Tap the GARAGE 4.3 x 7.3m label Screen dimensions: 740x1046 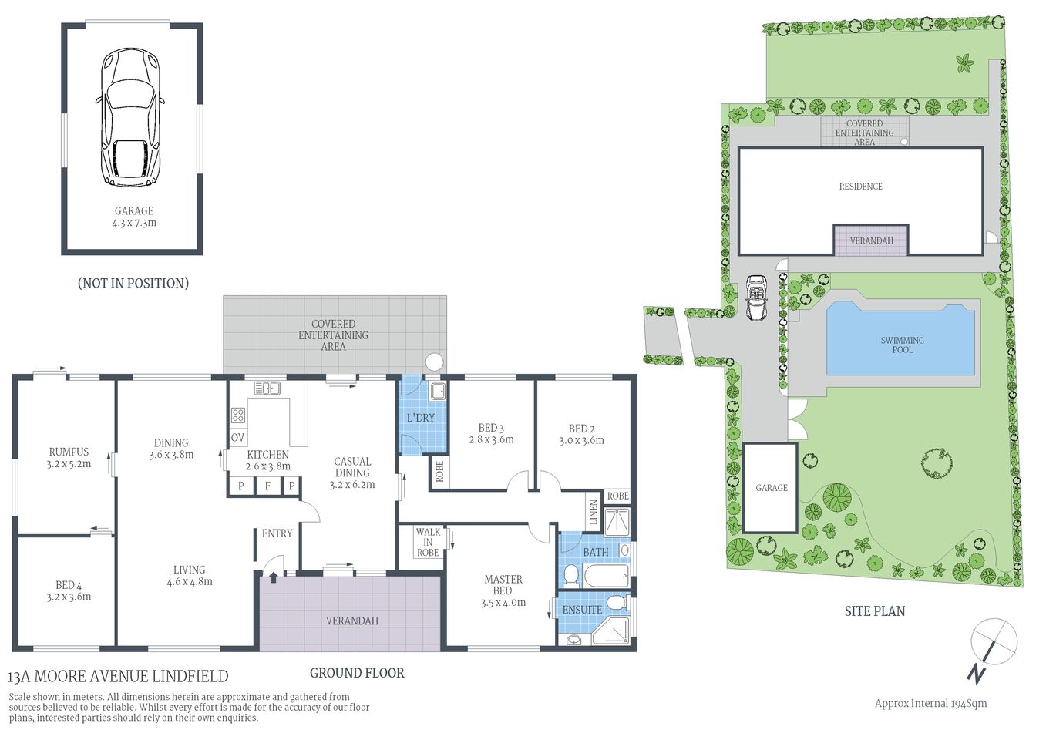coord(134,217)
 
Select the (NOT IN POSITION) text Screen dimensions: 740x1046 coord(133,283)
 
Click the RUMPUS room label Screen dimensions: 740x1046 coord(69,458)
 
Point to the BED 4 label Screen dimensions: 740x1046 coord(69,591)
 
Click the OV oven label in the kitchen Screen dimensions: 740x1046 coord(237,437)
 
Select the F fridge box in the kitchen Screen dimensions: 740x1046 coord(267,486)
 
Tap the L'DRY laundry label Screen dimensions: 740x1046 coord(421,418)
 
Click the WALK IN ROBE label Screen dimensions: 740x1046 coord(428,542)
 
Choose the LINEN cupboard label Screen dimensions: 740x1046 coord(594,513)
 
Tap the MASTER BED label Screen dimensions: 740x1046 coord(503,590)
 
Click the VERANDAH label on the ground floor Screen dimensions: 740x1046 coord(351,621)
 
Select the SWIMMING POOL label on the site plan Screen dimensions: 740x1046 coord(902,345)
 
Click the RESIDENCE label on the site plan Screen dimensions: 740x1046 coord(860,187)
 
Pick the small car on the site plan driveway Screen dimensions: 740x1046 coord(756,298)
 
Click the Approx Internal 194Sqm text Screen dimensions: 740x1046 coord(930,703)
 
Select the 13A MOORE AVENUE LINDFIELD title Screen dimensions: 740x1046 coord(118,677)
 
